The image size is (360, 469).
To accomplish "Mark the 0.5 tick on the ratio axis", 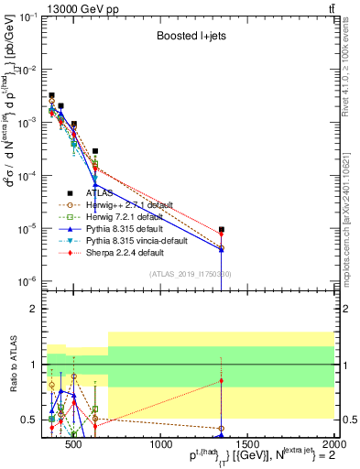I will [x=31, y=420].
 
